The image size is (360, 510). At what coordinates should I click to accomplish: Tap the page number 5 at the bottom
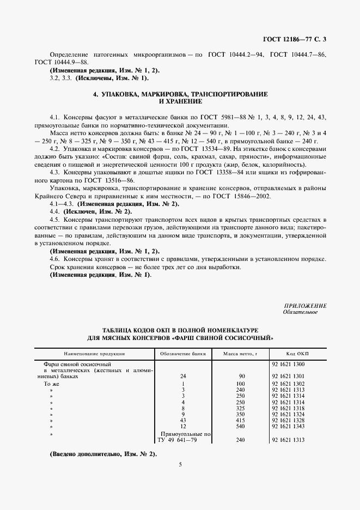point(180,464)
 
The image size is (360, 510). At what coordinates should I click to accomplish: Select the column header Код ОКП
point(297,353)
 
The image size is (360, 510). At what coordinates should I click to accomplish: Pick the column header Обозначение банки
point(183,353)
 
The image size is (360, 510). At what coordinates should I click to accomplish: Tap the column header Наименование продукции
point(93,353)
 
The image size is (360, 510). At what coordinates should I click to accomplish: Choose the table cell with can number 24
point(183,376)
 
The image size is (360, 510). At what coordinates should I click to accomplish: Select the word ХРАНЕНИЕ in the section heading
point(180,101)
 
